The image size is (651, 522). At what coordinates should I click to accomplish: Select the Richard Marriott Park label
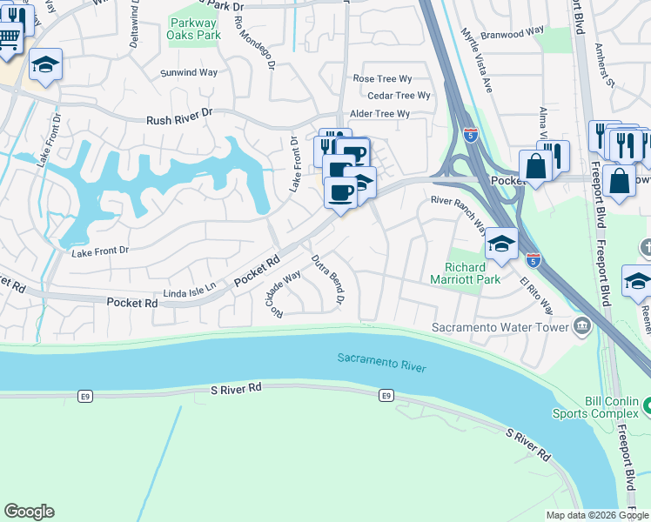tap(460, 273)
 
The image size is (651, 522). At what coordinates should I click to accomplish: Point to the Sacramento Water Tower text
tap(500, 328)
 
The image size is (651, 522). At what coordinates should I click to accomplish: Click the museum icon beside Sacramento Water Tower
tap(581, 327)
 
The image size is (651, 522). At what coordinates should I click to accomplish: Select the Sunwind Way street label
tap(189, 73)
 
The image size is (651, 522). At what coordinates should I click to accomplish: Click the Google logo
tap(30, 512)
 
